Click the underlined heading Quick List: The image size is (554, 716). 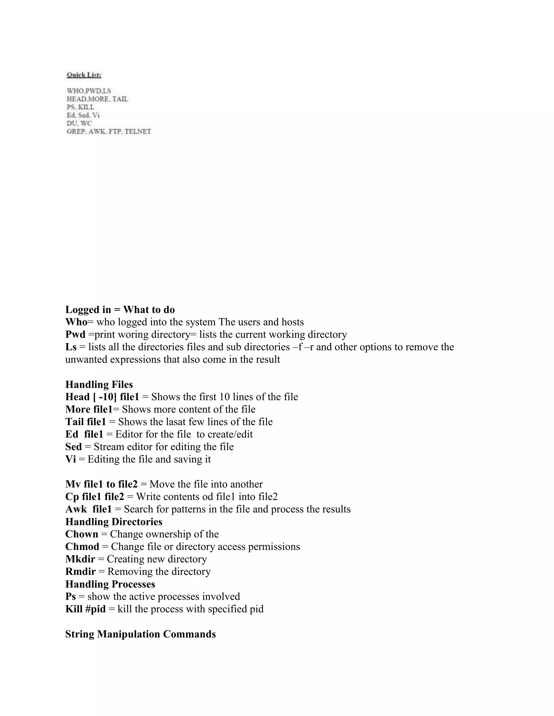[x=84, y=75]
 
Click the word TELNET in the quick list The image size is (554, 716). [x=138, y=132]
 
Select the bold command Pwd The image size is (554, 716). [x=75, y=334]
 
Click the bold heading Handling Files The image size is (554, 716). [x=99, y=384]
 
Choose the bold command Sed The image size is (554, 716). [x=73, y=447]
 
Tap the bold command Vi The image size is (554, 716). [x=71, y=459]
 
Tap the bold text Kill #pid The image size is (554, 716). [x=85, y=609]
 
